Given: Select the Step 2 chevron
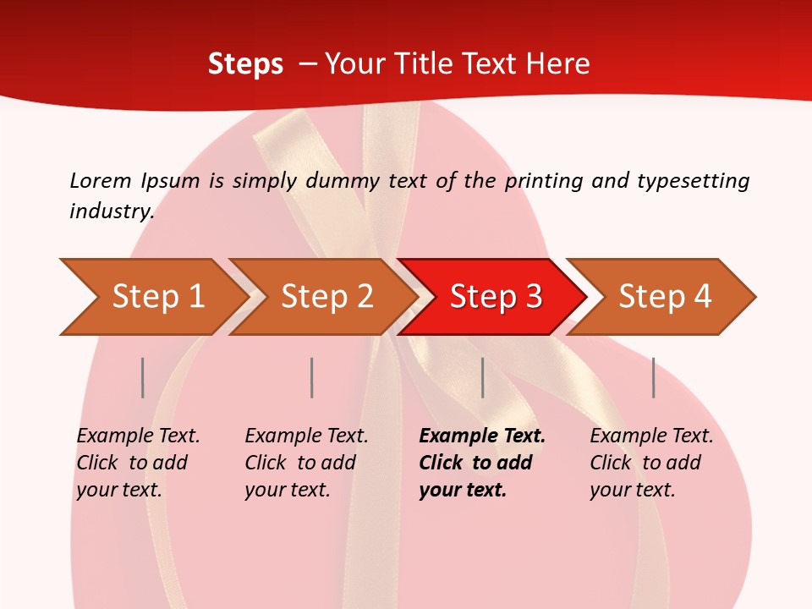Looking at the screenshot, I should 326,296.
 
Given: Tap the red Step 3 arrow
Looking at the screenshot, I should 495,296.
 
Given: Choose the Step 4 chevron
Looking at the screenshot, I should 664,296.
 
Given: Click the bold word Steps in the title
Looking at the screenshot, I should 245,63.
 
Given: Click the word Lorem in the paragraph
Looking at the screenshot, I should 101,180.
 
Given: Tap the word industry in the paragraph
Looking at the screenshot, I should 112,211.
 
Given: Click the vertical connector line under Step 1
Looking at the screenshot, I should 143,377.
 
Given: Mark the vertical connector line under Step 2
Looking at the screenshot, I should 312,377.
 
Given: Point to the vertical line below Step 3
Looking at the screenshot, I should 482,377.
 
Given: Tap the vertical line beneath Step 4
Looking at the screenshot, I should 653,377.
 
